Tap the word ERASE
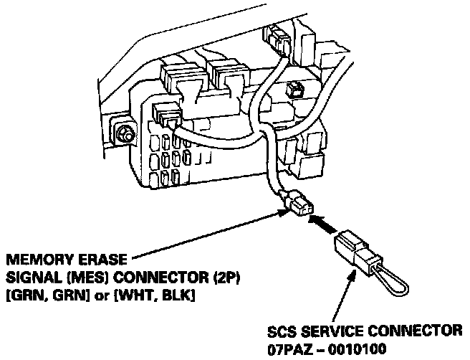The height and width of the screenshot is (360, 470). click(95, 258)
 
